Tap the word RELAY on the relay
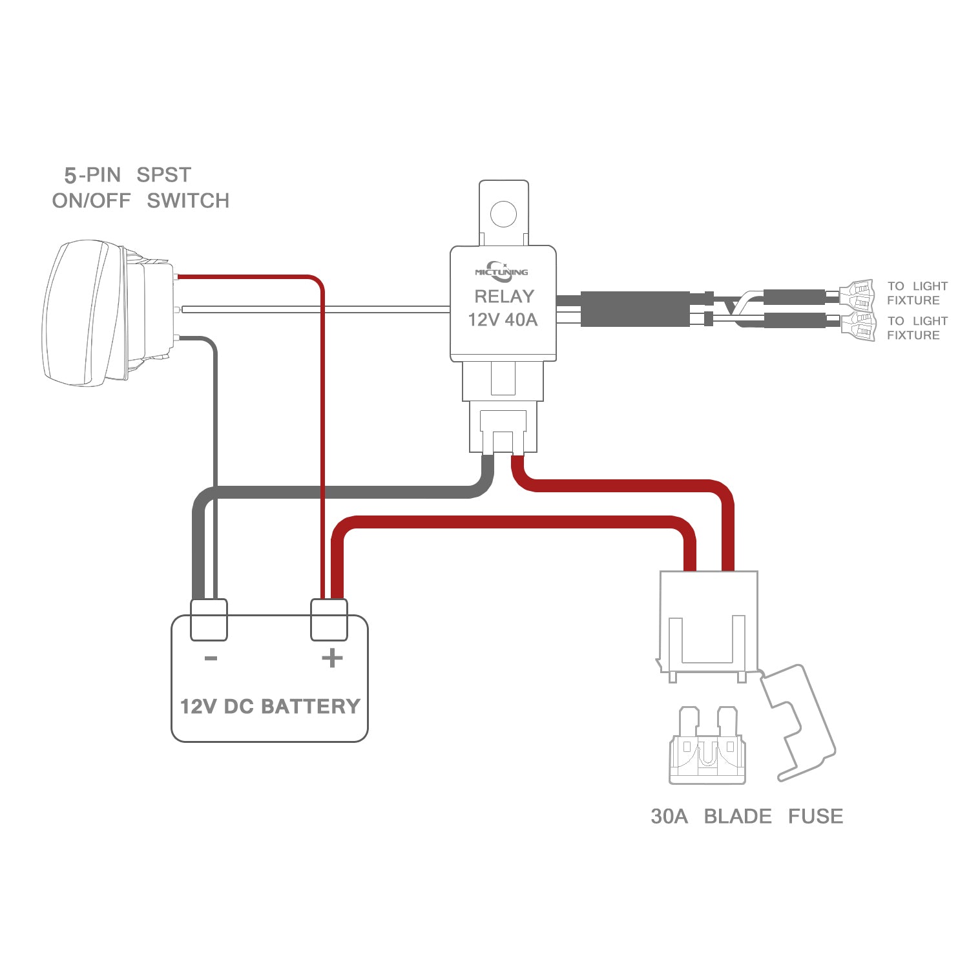504,297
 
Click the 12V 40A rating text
503,320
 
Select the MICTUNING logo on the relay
501,271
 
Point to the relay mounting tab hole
503,213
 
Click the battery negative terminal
209,619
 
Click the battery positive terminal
329,619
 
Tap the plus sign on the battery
332,658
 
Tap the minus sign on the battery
211,658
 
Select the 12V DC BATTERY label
270,706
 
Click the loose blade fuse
707,749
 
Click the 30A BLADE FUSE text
747,817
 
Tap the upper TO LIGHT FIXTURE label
917,293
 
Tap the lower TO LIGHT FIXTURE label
917,328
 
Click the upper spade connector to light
857,295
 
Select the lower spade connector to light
858,326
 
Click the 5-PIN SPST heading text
127,175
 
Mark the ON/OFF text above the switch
91,201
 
